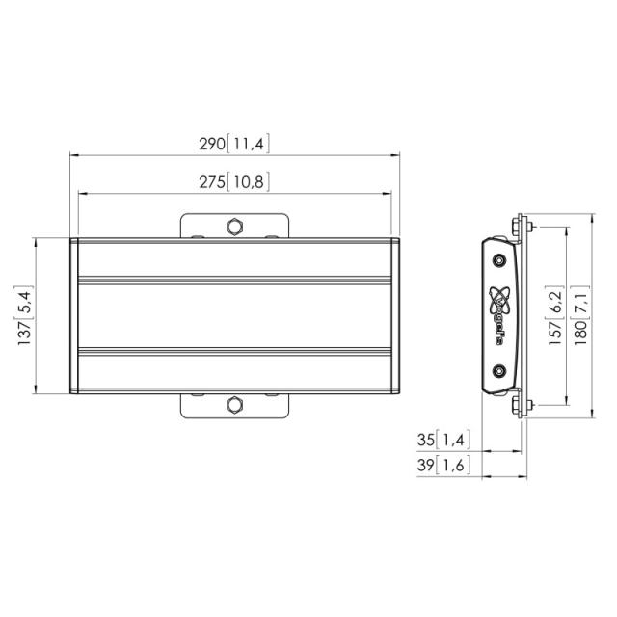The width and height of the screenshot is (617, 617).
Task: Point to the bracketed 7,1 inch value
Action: point(580,301)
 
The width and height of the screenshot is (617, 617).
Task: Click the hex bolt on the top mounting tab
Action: point(234,227)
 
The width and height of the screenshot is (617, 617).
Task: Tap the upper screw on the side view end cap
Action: point(498,260)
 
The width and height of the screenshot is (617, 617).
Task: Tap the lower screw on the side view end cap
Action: point(498,370)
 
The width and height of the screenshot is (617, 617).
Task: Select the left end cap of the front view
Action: point(75,315)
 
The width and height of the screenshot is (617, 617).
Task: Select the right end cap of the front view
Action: point(394,315)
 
